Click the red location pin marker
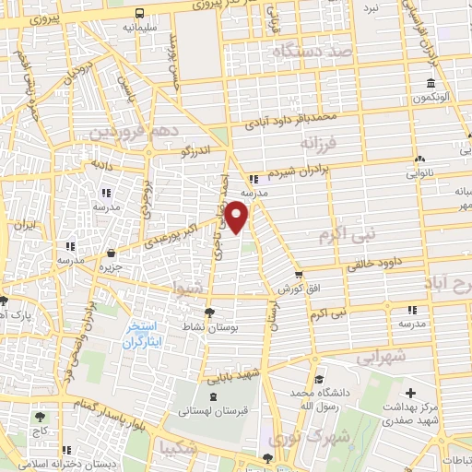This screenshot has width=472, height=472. coord(239,218)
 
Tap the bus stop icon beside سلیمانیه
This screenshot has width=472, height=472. coord(139,14)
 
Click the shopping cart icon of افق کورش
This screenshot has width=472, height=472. coord(298,274)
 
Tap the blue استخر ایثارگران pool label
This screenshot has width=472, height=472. coord(142,335)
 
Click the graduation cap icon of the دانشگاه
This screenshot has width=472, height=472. coord(316,380)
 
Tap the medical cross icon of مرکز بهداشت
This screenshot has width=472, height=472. coord(409,394)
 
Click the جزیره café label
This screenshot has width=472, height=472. coord(112,268)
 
